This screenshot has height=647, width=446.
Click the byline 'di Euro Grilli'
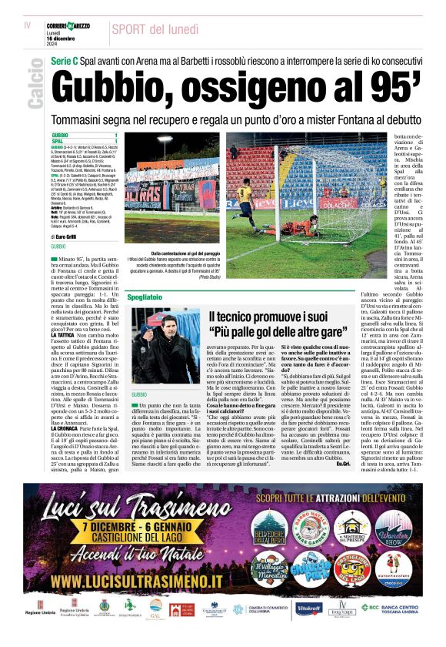[69, 237]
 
